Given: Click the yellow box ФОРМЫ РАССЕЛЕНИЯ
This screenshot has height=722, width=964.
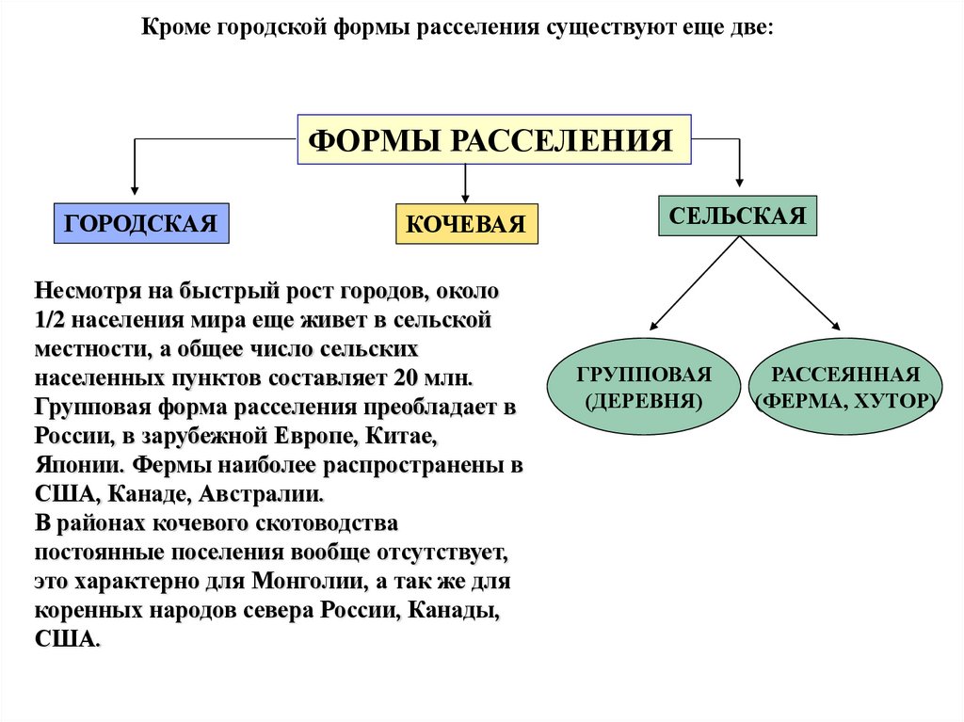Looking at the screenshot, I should pyautogui.click(x=494, y=140).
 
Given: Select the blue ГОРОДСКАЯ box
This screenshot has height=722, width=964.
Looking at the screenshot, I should pyautogui.click(x=141, y=223).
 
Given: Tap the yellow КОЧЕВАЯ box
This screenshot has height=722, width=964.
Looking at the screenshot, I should pyautogui.click(x=466, y=224).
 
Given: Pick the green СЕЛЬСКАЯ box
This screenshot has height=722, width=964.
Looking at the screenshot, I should pyautogui.click(x=737, y=216).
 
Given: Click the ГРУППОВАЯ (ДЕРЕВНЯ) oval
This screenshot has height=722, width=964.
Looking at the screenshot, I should pyautogui.click(x=644, y=387).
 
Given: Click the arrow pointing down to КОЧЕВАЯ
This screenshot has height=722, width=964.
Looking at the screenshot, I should pyautogui.click(x=465, y=184).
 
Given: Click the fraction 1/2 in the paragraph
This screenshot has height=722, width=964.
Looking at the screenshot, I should pyautogui.click(x=50, y=319).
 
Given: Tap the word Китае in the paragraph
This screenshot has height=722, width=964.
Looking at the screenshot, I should pyautogui.click(x=407, y=437).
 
